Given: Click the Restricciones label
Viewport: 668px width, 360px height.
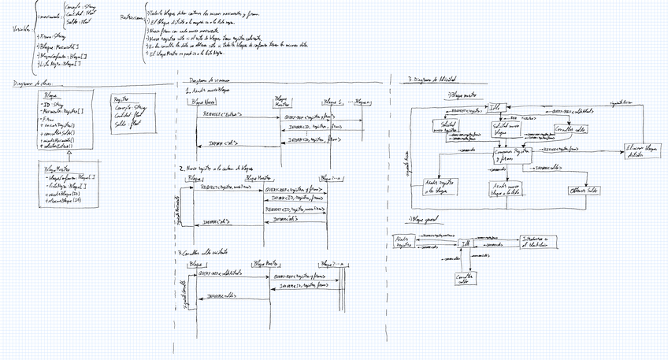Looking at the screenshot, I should click(130, 17).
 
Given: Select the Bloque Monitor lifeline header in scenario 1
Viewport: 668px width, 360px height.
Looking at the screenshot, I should click(283, 102).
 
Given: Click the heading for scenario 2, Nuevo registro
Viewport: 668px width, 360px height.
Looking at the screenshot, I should click(217, 168).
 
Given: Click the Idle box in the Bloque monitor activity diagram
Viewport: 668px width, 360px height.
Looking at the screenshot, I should click(496, 108).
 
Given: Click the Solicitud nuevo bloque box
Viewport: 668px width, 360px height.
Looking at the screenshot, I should click(505, 127).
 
